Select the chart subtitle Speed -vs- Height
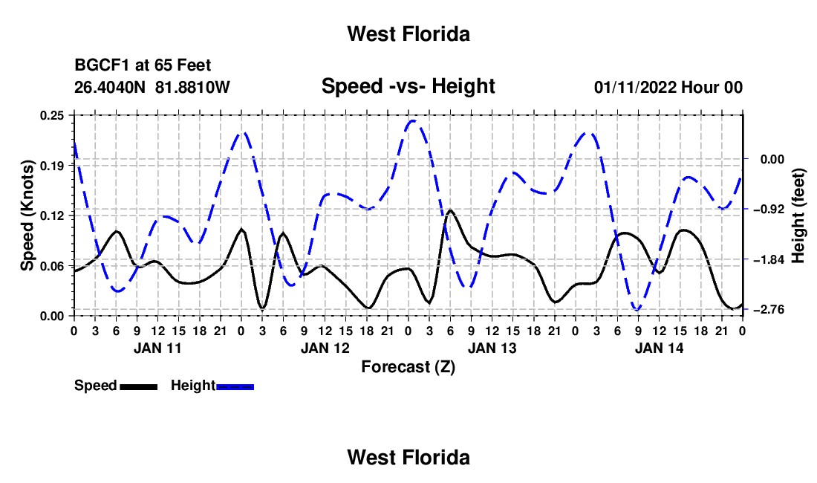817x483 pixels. coord(408,86)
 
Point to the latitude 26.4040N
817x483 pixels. coord(110,87)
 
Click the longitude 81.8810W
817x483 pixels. coord(192,87)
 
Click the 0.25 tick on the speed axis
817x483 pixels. coord(52,115)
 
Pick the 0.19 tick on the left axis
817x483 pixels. coord(52,166)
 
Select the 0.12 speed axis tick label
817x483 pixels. coord(52,215)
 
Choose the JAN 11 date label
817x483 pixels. coord(157,348)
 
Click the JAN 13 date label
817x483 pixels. coord(492,348)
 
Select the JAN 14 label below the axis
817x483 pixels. coord(659,348)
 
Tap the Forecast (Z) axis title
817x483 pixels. coord(408,367)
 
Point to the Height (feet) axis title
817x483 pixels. coord(798,215)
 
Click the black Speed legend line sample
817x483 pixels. coord(139,386)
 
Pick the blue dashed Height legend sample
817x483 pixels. coord(235,386)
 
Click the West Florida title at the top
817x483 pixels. coord(408,34)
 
